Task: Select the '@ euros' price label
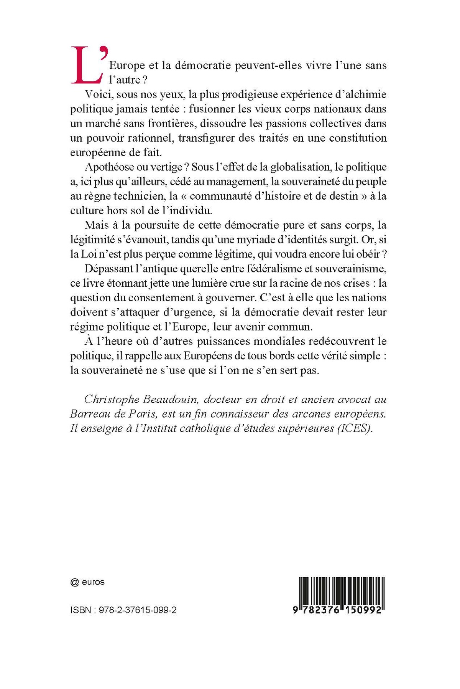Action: (x=88, y=582)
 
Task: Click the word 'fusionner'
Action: (x=212, y=109)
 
